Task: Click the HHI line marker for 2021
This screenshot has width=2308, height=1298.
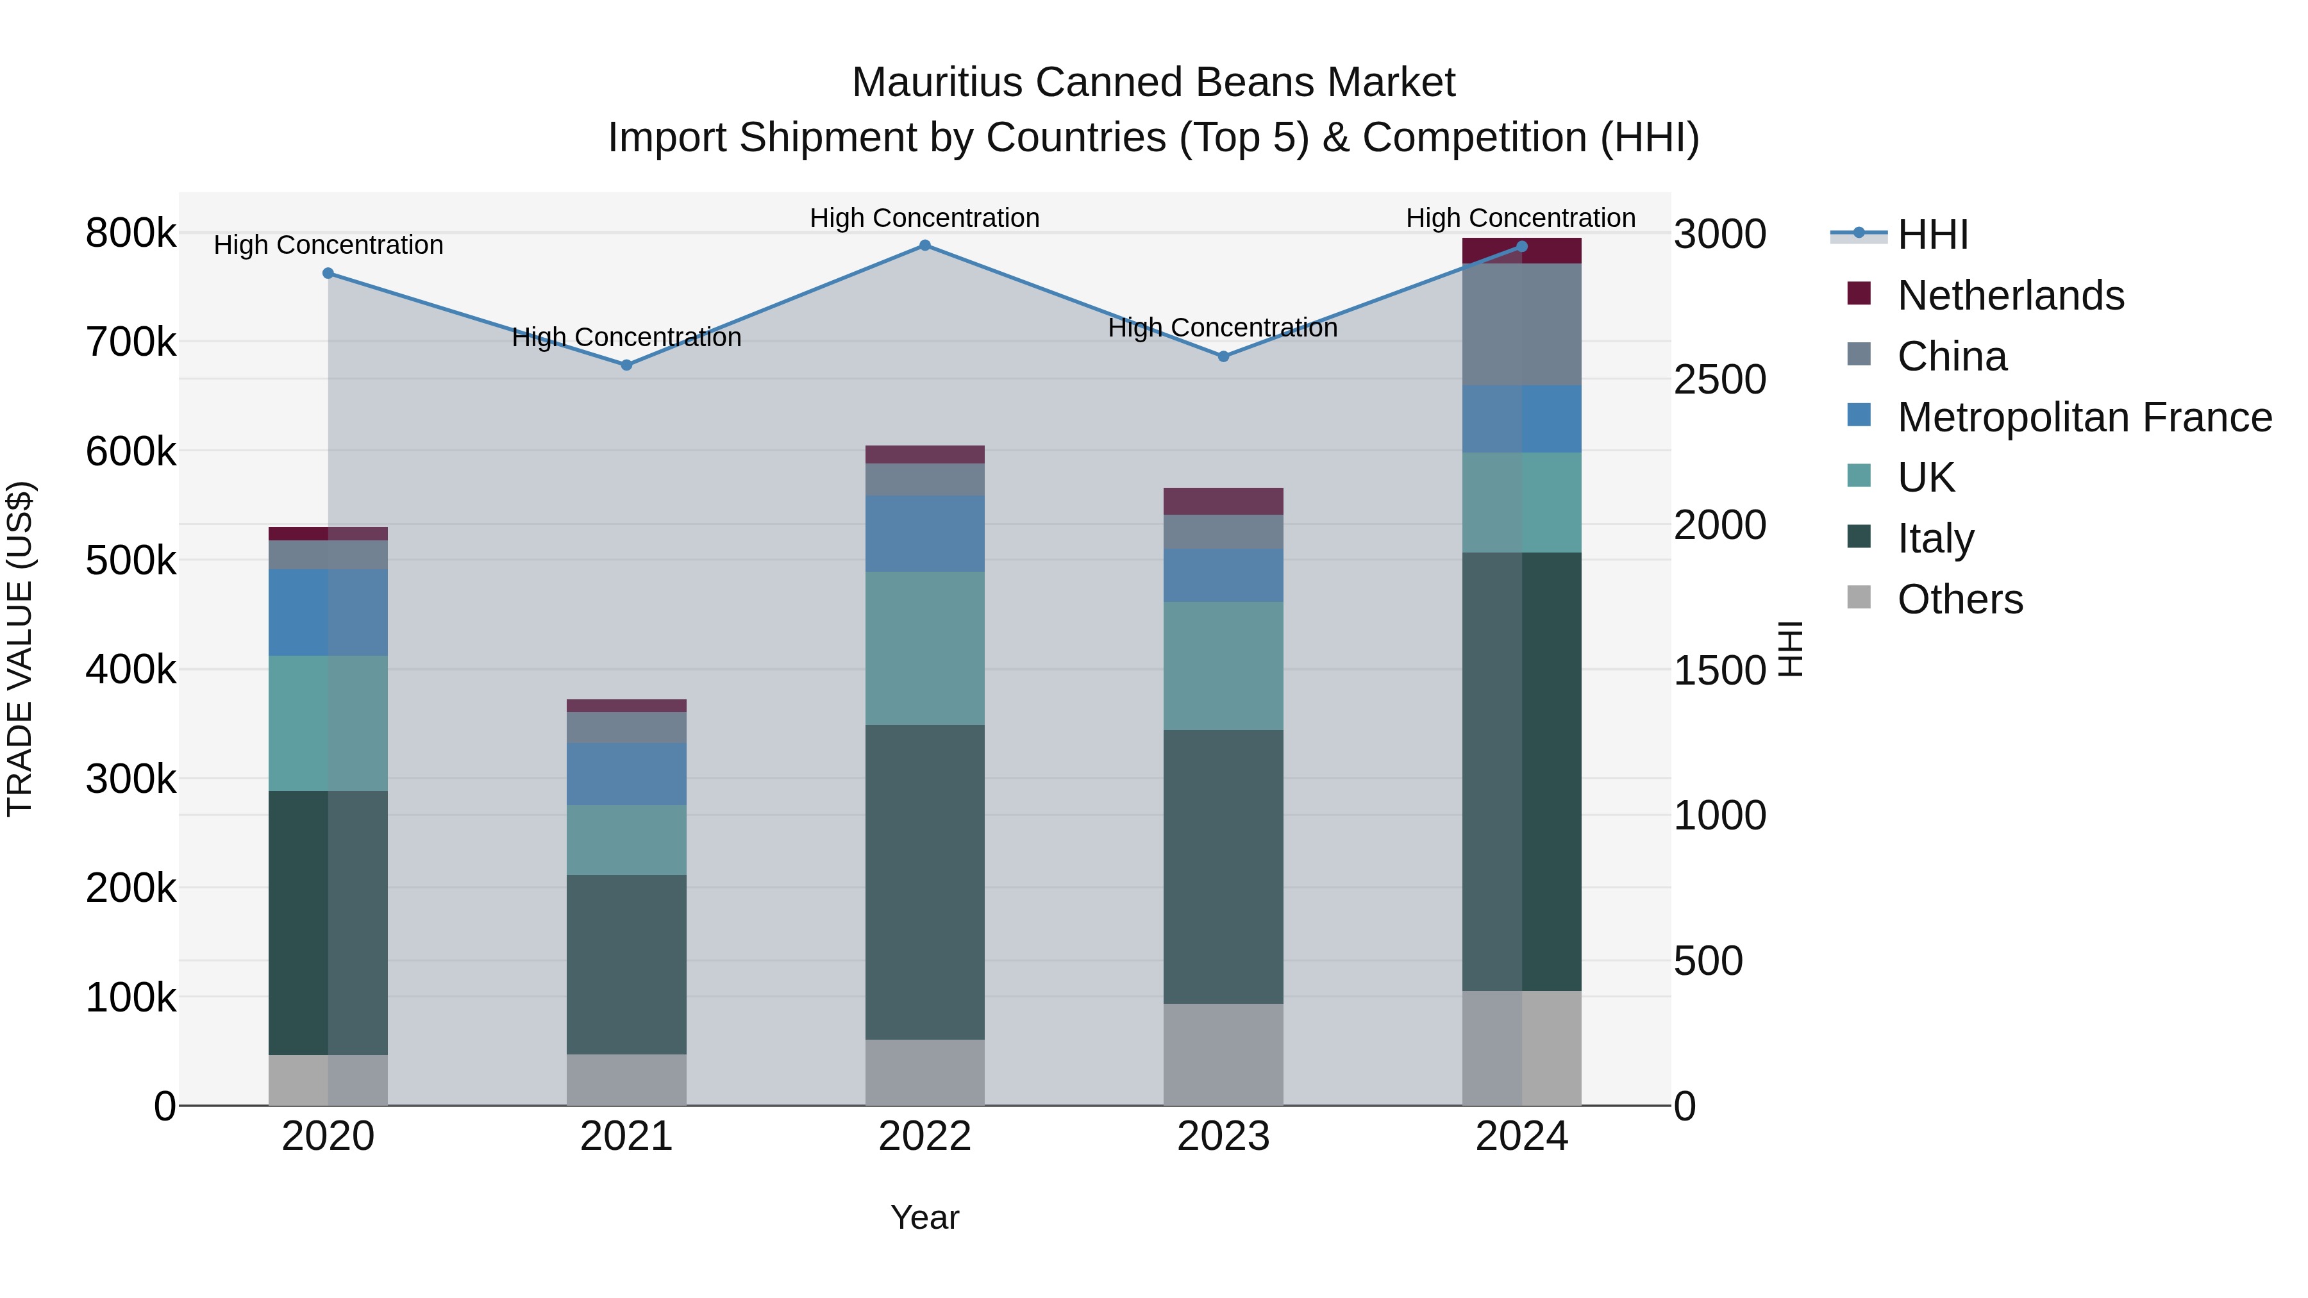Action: point(626,365)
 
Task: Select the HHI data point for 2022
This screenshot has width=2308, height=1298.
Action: point(924,245)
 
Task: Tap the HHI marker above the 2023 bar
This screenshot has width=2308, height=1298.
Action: point(1223,356)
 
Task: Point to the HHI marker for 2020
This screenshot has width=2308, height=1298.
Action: point(328,273)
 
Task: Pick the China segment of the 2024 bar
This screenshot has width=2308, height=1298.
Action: point(1521,324)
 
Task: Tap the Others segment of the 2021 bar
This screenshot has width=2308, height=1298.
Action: point(626,1079)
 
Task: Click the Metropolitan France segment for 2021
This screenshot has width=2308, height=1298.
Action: point(626,773)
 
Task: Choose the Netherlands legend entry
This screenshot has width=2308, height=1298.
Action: point(2010,295)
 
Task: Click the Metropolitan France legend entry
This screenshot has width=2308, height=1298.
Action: point(2084,417)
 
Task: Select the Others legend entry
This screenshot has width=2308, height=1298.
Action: point(1959,599)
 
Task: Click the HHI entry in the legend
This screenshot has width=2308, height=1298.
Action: point(1932,235)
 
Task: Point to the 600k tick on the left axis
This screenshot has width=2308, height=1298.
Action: point(131,451)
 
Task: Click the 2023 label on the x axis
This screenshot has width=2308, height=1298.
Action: point(1223,1136)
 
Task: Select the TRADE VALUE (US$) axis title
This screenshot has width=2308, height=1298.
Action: point(20,649)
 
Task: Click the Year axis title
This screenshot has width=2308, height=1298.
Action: point(924,1217)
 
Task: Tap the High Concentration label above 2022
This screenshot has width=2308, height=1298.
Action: point(924,218)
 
